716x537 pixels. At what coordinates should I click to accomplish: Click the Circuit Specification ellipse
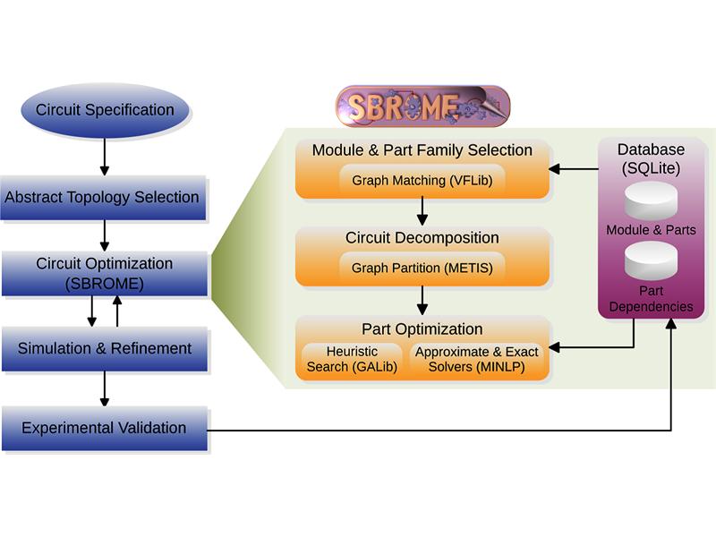click(105, 111)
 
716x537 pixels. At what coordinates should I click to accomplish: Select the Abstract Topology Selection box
click(105, 197)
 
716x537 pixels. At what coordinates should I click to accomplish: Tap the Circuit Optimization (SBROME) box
click(105, 273)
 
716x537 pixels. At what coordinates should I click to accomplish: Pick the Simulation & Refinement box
click(105, 348)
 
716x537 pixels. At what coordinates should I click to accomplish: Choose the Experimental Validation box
click(105, 428)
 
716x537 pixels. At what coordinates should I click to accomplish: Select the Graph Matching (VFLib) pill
click(422, 180)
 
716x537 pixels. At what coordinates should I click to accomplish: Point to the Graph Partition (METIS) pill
click(422, 267)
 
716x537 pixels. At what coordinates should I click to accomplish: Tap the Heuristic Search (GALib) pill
click(352, 359)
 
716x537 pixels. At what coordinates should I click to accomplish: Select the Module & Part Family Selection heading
click(422, 150)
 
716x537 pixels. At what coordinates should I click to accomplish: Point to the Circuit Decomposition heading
click(422, 238)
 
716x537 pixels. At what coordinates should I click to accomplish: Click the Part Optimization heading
click(422, 329)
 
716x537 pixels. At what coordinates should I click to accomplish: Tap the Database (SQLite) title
click(651, 158)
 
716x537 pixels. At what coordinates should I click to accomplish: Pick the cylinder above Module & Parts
click(651, 201)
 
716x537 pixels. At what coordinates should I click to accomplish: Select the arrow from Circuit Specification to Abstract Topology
click(105, 157)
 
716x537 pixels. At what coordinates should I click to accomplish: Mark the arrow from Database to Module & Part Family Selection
click(573, 168)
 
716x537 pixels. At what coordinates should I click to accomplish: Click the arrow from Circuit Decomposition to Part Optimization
click(422, 301)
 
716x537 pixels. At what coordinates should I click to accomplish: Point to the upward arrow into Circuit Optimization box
click(117, 311)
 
